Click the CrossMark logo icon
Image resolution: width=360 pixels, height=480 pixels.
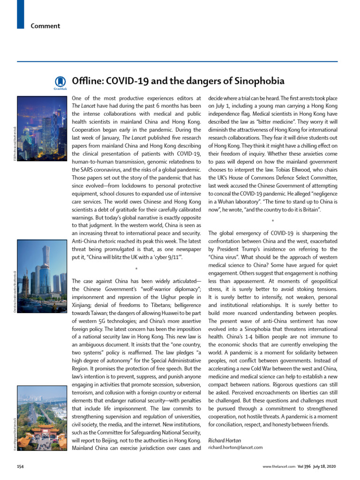click(x=60, y=82)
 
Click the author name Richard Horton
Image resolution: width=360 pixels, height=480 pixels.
click(x=225, y=440)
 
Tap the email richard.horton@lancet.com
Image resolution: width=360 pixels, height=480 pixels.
click(x=235, y=448)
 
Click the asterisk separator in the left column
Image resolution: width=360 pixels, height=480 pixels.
click(x=136, y=269)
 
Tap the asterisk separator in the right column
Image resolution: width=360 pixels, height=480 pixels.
click(x=272, y=220)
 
